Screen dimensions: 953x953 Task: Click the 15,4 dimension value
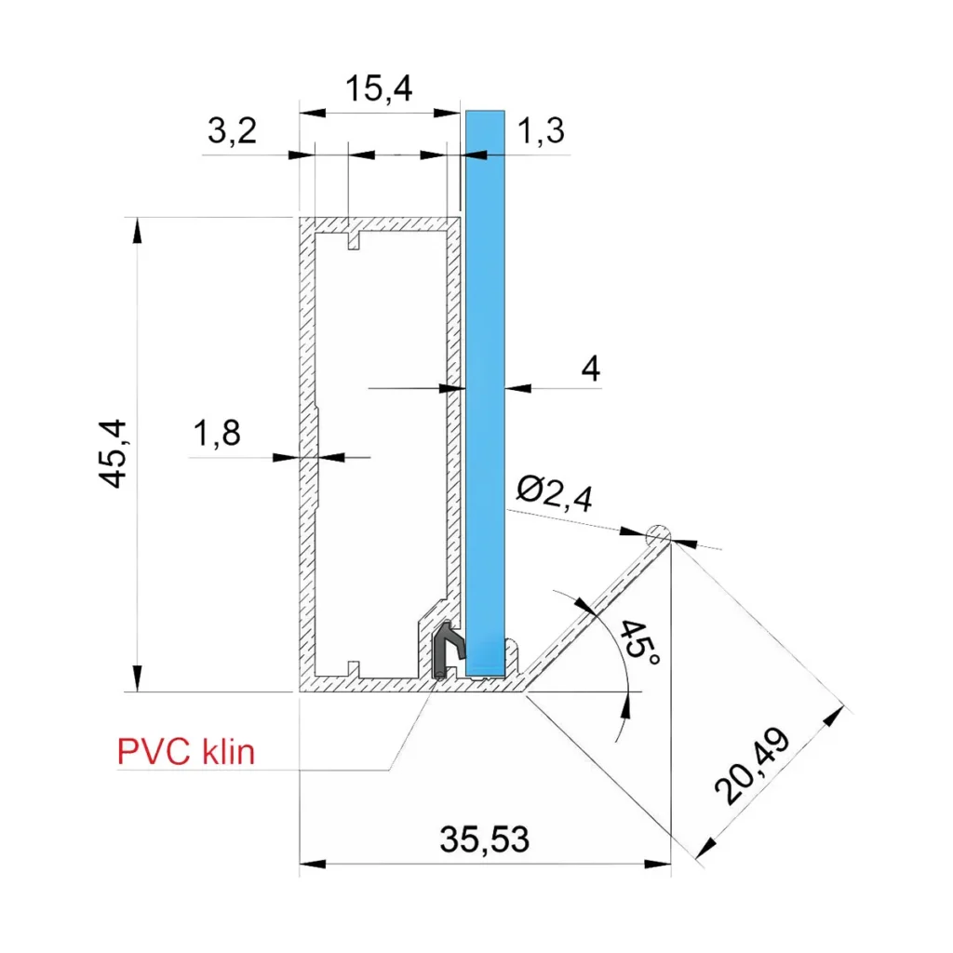click(379, 89)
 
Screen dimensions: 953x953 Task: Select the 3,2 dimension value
click(231, 132)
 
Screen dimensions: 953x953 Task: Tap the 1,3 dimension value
click(540, 132)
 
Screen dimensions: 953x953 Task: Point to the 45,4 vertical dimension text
click(117, 453)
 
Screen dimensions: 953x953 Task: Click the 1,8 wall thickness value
click(217, 434)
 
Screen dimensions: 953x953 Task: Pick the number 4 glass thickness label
click(590, 369)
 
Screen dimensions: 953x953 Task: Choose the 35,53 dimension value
click(485, 840)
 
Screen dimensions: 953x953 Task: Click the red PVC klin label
click(186, 752)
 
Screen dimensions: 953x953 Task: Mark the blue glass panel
click(484, 391)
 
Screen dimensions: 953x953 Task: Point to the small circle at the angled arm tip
click(658, 534)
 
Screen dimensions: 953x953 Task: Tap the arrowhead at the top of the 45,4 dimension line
click(138, 229)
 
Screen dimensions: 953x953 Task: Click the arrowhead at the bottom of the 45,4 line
click(138, 680)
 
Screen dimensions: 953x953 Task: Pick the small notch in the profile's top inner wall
click(353, 241)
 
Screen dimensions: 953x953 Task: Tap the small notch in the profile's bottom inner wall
click(353, 666)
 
